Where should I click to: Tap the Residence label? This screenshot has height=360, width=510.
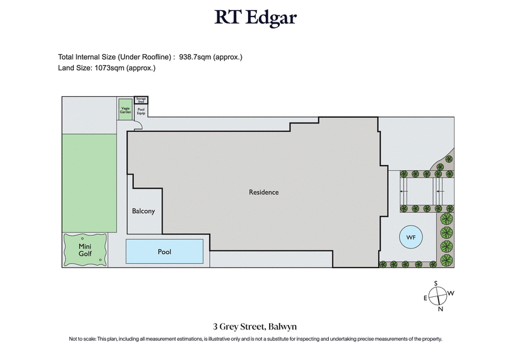263,192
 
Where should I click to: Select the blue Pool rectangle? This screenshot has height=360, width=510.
165,252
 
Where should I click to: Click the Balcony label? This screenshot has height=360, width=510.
143,212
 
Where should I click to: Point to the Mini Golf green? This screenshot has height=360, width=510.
84,250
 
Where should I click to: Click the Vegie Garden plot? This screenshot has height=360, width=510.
125,108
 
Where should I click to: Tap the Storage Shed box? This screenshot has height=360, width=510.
141,99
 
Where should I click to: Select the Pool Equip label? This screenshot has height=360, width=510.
142,110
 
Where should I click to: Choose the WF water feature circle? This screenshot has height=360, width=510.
411,238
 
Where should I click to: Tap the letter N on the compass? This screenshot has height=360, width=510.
440,310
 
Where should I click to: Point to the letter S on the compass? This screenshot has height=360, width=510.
436,284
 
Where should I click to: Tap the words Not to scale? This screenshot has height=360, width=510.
84,339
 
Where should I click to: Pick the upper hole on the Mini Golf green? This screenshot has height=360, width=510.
83,238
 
